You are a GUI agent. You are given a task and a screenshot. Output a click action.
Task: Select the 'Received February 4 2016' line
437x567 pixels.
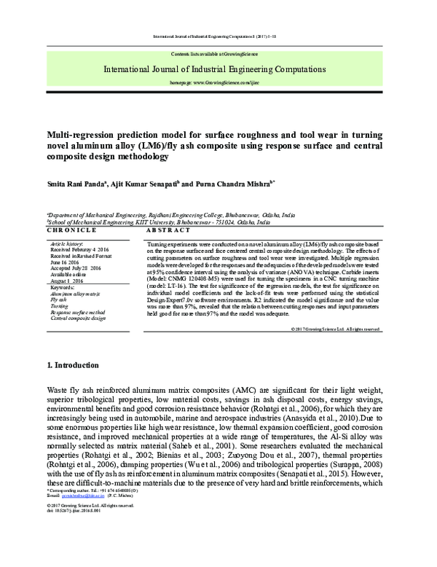(79, 249)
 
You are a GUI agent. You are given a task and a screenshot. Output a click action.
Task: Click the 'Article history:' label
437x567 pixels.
(67, 242)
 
